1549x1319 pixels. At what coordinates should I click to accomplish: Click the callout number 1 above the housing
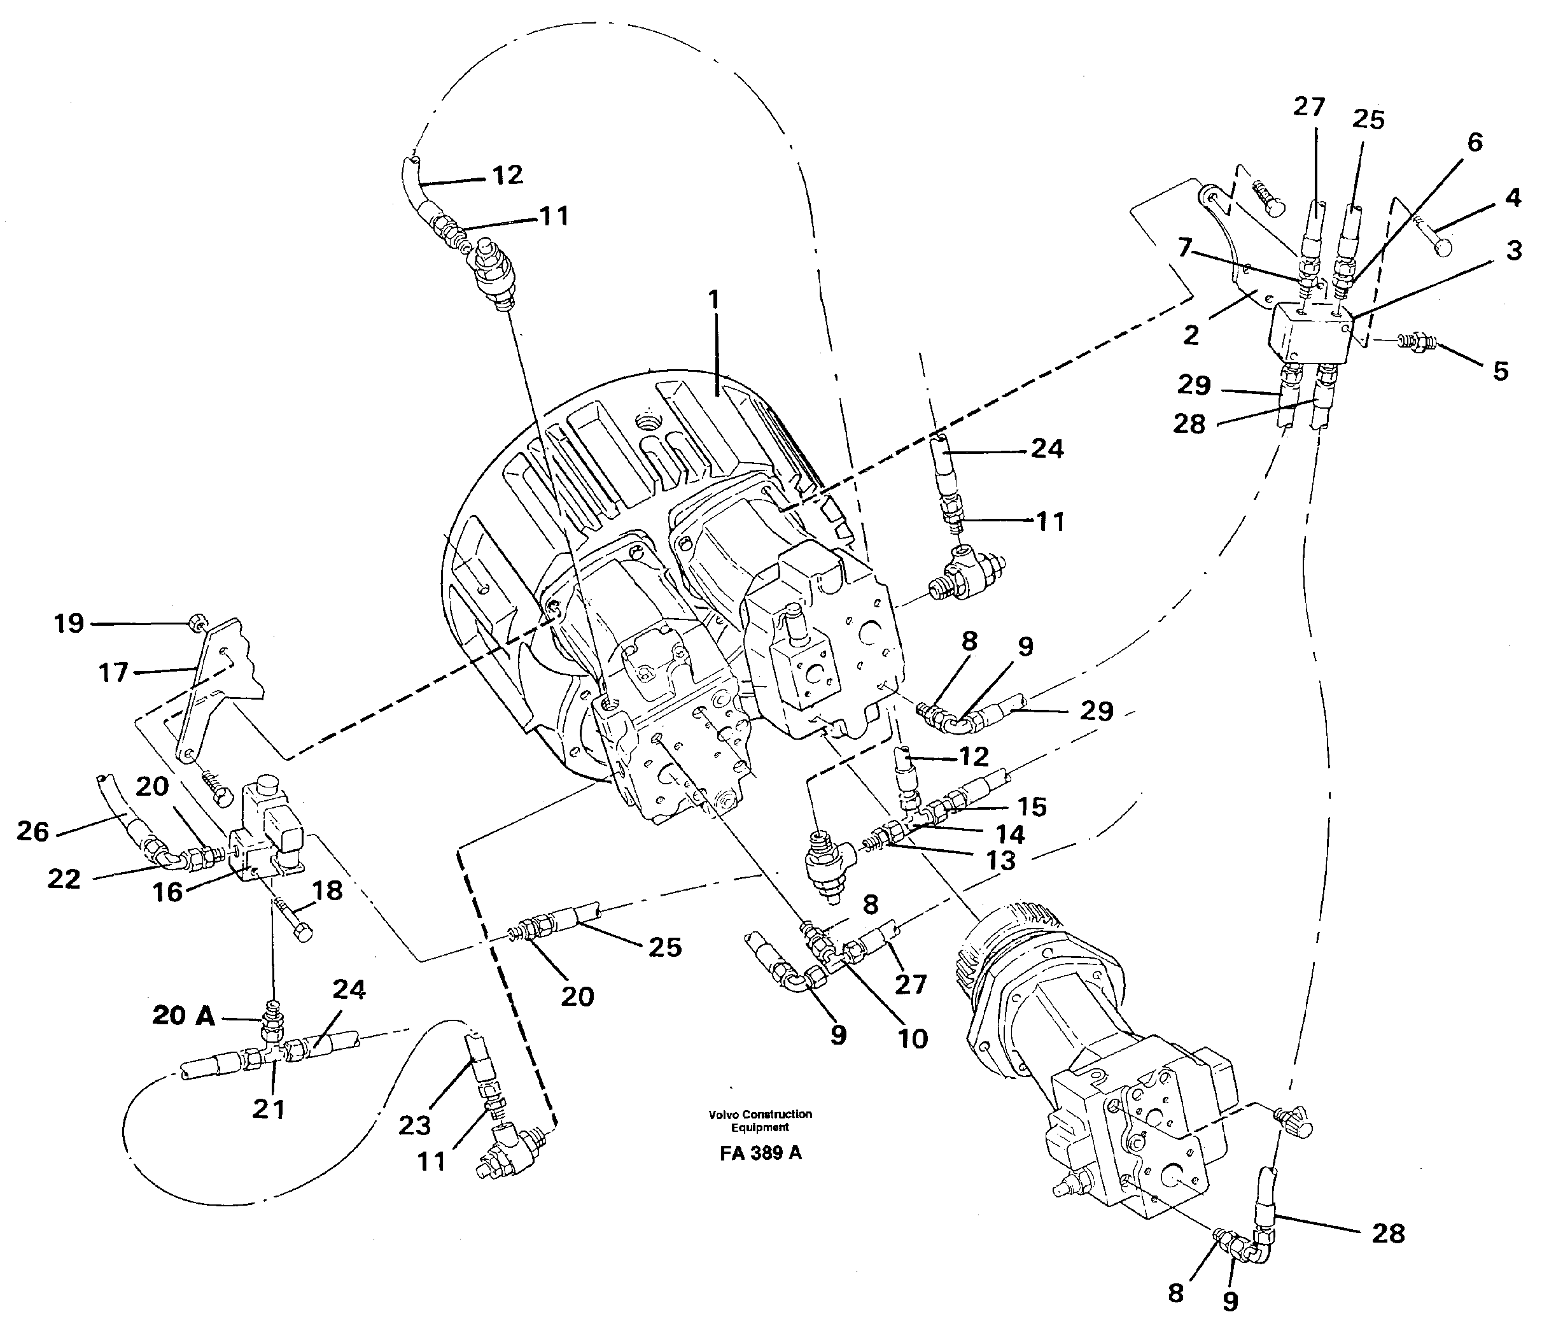click(x=714, y=300)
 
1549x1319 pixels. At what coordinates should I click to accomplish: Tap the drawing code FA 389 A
click(x=760, y=1153)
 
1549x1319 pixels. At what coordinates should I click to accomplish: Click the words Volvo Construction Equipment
click(x=760, y=1120)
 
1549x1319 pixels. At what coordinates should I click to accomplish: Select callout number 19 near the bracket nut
click(x=69, y=624)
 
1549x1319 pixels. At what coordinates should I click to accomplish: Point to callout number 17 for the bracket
click(x=114, y=672)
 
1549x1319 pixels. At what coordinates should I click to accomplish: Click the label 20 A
click(x=183, y=1015)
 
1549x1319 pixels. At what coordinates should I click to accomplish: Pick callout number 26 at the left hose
click(x=33, y=831)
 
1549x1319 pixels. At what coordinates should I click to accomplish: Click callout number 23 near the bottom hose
click(x=415, y=1125)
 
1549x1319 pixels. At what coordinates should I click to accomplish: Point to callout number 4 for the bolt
click(x=1512, y=198)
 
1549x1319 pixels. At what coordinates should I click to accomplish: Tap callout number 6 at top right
click(x=1475, y=142)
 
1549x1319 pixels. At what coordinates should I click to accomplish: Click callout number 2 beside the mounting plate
click(x=1191, y=335)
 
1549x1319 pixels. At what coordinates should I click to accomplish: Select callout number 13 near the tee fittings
click(x=1000, y=861)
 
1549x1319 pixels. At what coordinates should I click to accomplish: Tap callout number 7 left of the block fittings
click(x=1185, y=248)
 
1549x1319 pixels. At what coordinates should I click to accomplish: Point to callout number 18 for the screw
click(x=326, y=891)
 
